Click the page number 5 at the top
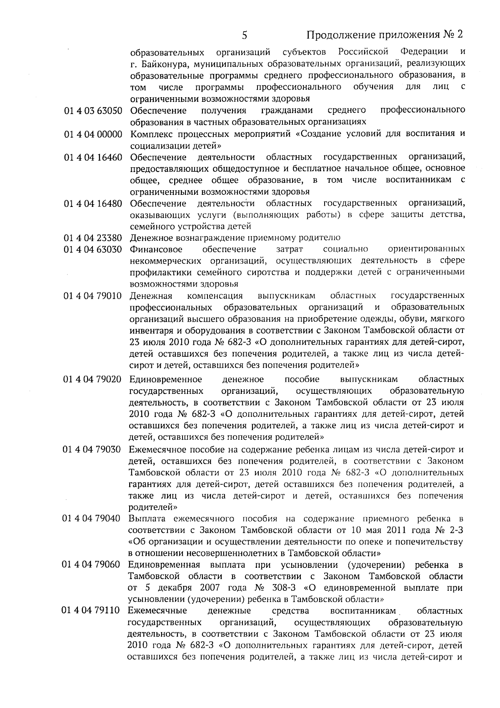[x=245, y=35]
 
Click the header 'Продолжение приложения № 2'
[x=385, y=34]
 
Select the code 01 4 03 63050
[x=93, y=111]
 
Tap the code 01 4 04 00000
[x=93, y=134]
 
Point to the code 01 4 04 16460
[x=93, y=157]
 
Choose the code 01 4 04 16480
[x=93, y=204]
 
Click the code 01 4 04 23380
[x=93, y=238]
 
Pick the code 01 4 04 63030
[x=93, y=249]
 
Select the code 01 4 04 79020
[x=92, y=380]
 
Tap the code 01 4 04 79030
[x=92, y=450]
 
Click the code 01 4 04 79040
[x=92, y=519]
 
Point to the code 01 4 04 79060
[x=92, y=565]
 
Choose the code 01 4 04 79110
[x=91, y=611]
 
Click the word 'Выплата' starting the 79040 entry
[x=147, y=519]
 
